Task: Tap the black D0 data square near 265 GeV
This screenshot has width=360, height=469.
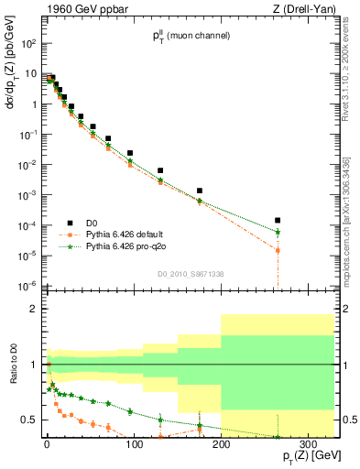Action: (x=278, y=220)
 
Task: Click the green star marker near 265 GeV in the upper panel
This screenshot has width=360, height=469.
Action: (x=278, y=233)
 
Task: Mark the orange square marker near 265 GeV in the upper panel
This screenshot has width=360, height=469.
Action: (x=278, y=250)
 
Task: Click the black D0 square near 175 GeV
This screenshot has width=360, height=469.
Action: (x=200, y=191)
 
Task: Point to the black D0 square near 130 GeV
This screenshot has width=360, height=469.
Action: (x=160, y=170)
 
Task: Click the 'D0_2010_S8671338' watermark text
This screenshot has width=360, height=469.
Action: (x=189, y=274)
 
